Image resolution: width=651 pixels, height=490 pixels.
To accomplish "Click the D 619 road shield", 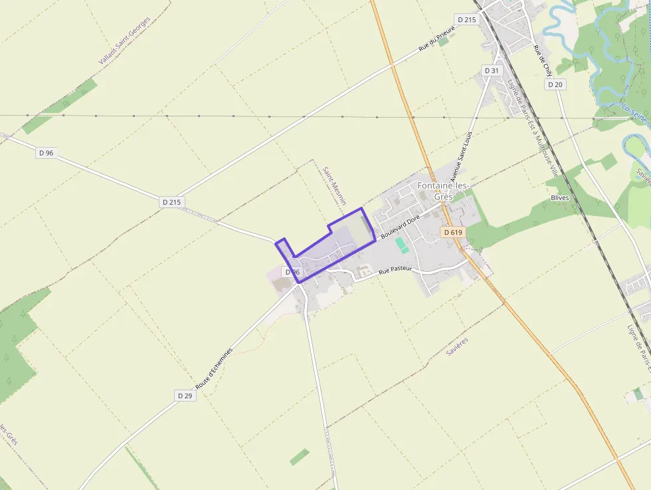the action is [x=452, y=232].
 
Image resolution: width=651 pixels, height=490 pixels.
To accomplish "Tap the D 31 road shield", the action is [x=491, y=70].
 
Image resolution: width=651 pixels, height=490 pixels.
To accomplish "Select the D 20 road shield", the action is [x=556, y=84].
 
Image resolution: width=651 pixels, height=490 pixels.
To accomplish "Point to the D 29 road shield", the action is [x=185, y=395].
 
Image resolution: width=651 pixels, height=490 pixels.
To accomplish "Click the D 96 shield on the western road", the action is [x=46, y=152].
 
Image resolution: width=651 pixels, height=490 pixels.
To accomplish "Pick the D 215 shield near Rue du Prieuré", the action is [x=467, y=20].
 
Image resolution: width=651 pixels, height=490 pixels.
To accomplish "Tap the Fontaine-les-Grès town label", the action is [x=443, y=191].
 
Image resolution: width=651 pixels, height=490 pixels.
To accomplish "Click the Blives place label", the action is [x=560, y=198].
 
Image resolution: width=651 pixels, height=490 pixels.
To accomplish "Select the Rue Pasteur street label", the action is [x=395, y=270].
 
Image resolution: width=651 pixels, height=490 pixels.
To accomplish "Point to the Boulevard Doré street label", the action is [x=401, y=227].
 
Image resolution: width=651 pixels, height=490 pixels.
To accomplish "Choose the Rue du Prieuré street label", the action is [x=436, y=40].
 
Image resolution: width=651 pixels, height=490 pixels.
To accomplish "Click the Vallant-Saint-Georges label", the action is [x=125, y=41].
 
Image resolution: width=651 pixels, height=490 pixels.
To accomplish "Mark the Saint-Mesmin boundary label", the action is [x=330, y=185].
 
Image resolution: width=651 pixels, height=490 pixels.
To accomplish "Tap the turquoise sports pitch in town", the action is [x=401, y=245].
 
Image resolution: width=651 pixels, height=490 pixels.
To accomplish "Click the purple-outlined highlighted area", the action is [x=332, y=246].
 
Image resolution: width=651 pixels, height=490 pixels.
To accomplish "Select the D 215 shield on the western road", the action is [x=171, y=201].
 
